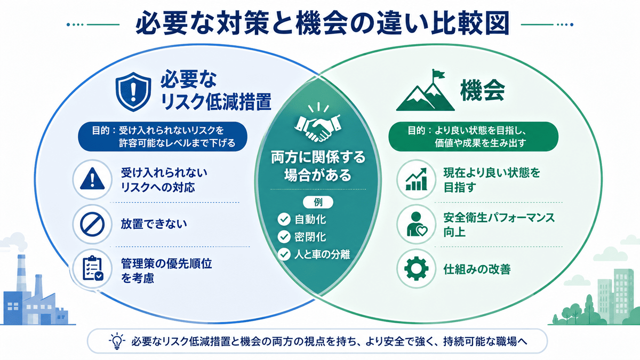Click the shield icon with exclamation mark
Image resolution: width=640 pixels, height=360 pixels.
coord(133,91)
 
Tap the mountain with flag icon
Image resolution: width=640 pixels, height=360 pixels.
coord(425,90)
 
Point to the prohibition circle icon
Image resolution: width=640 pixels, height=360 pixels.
coord(92,225)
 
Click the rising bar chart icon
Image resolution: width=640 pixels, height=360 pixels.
coord(417,179)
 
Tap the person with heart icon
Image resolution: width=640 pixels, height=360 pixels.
coord(417,225)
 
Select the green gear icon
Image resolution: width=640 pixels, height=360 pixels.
coord(417,269)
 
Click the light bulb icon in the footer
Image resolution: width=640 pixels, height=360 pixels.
coord(117,341)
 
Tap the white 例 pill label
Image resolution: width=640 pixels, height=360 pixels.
coord(318,202)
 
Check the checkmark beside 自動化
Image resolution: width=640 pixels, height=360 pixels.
coord(284,219)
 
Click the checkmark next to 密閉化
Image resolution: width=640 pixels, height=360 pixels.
coord(284,237)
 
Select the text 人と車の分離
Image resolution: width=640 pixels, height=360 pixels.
coord(322,254)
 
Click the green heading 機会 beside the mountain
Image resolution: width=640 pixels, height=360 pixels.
coord(483,91)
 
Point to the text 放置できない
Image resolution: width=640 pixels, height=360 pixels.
coord(154,224)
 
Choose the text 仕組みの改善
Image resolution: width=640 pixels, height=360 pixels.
coord(477,269)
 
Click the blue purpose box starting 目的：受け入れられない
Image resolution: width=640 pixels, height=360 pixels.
coord(163,137)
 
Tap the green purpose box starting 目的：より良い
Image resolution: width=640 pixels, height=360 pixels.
coord(474,137)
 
